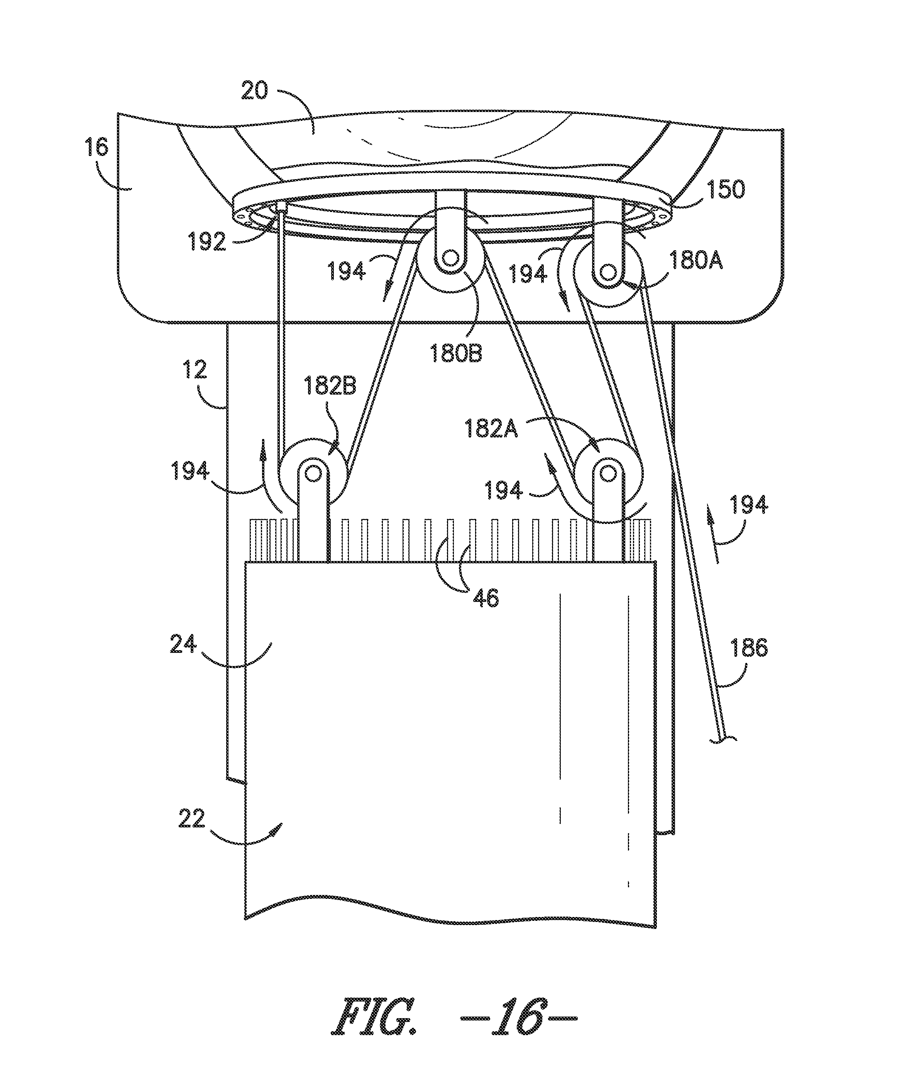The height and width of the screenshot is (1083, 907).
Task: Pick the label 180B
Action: point(456,355)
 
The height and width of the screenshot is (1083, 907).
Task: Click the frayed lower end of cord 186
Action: point(724,741)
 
